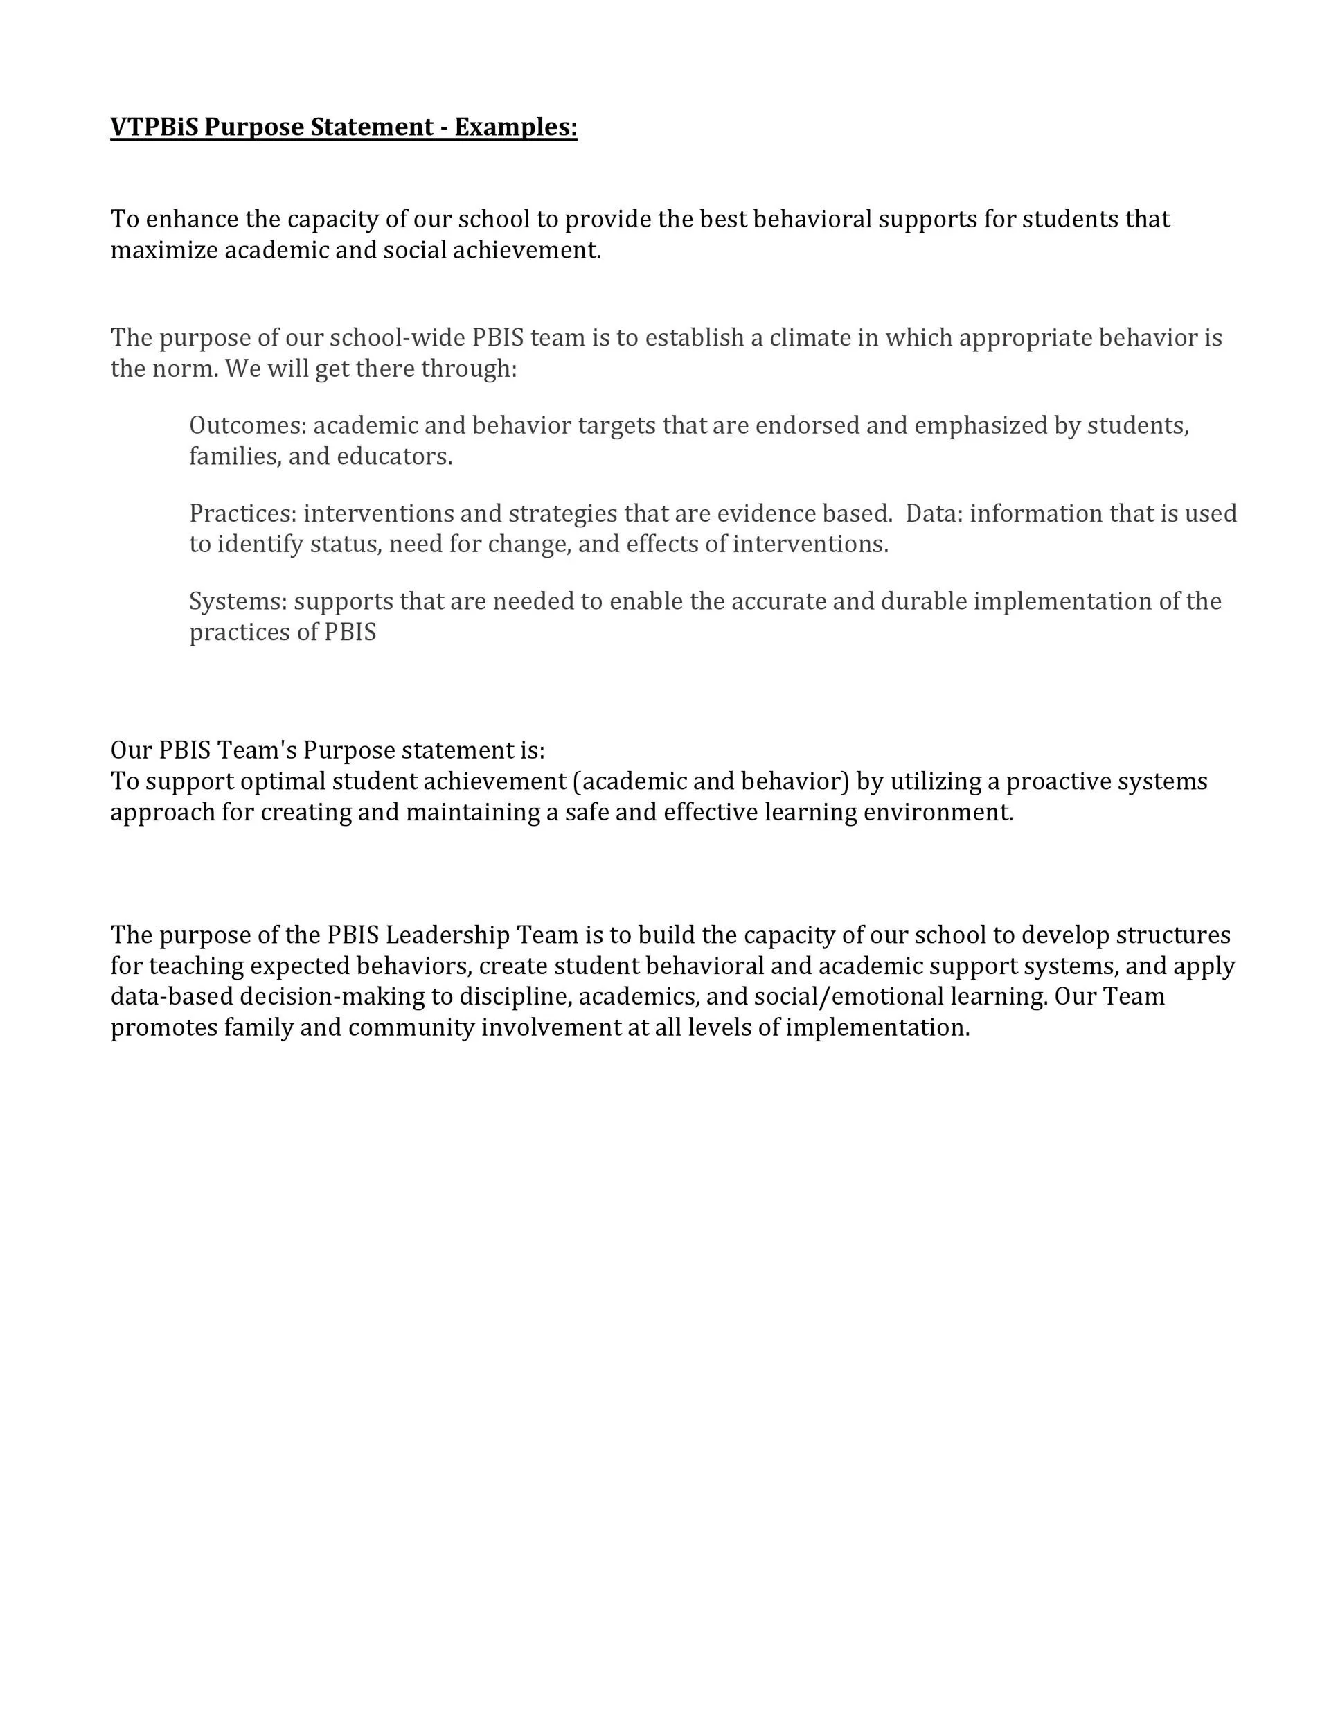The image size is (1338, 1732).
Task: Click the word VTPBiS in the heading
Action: point(154,127)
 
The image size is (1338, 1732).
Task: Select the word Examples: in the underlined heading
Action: point(515,127)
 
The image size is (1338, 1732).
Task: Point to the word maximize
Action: point(164,251)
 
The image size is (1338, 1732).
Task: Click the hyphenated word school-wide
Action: point(397,338)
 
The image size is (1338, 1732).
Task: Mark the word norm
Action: point(187,369)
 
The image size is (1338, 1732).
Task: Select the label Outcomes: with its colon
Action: point(247,426)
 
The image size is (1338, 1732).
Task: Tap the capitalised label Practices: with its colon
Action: point(242,514)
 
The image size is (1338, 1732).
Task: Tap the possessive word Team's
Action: point(257,750)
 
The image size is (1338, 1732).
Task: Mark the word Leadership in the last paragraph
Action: point(448,935)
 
